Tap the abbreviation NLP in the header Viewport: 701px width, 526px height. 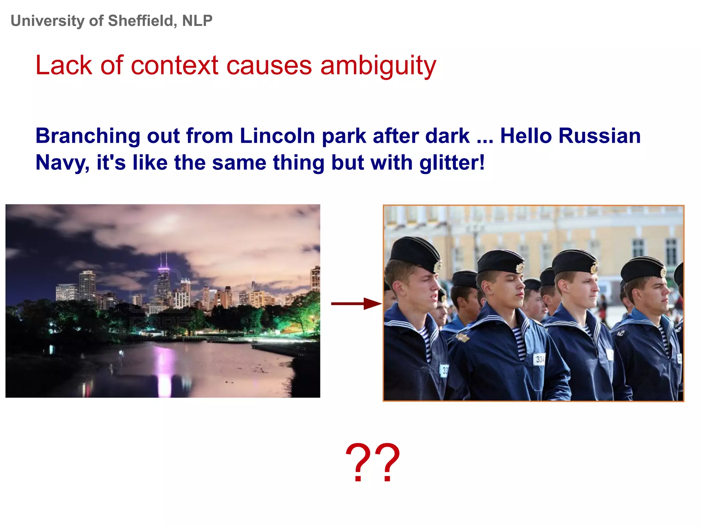(197, 21)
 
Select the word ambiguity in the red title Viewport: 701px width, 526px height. (378, 66)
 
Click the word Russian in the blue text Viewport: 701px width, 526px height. (599, 136)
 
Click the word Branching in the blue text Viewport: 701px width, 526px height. (88, 136)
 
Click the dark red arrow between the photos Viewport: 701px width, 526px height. (356, 303)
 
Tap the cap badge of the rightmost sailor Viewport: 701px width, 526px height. (663, 272)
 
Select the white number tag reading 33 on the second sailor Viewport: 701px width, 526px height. (539, 359)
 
